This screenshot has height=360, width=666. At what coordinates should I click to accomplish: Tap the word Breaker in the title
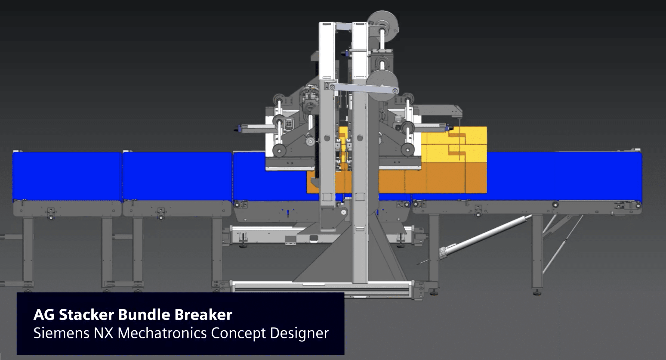point(203,315)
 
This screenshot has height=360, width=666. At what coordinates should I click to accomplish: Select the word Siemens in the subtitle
point(61,333)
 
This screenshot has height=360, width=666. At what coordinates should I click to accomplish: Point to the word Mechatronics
point(162,333)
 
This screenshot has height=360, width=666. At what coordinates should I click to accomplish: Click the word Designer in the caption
point(299,333)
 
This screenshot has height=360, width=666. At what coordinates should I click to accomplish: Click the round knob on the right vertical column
point(360,138)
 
